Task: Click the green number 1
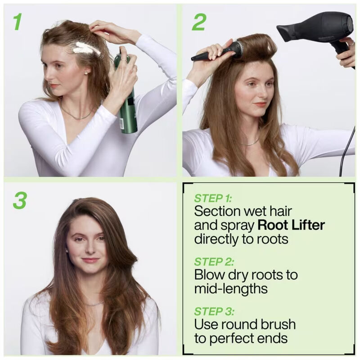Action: coord(18,22)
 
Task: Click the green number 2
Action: coord(198,22)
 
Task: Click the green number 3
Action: coord(19,200)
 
